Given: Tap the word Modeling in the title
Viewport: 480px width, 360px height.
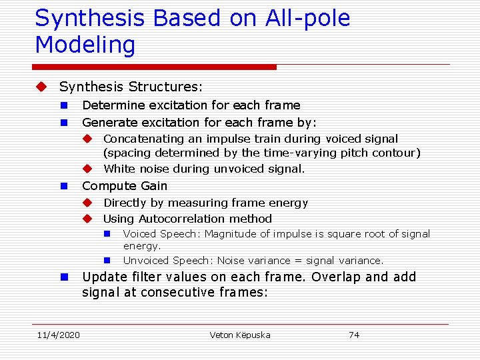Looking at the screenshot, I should click(85, 45).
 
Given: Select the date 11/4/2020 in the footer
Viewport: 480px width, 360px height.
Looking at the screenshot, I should click(57, 335).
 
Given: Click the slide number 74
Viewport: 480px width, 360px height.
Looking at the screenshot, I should click(354, 335).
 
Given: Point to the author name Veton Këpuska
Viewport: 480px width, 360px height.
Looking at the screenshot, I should click(240, 335).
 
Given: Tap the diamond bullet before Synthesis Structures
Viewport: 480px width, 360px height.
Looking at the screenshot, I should click(42, 87).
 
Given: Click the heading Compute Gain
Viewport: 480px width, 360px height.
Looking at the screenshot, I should click(125, 186).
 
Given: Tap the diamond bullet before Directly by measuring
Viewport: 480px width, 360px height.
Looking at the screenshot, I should click(87, 203).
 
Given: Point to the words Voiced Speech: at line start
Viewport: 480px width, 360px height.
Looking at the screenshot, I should click(162, 234).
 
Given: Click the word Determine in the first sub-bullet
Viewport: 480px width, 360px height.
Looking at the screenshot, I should click(108, 105).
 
